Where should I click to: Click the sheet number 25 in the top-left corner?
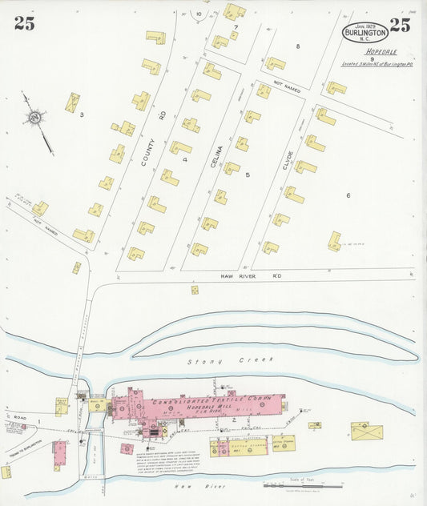[24, 23]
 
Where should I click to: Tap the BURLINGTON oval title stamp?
[365, 33]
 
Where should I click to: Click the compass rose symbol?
[34, 118]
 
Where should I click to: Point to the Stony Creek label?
[214, 362]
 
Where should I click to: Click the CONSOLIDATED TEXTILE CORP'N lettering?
[210, 398]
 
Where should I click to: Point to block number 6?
[348, 195]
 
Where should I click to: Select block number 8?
[297, 46]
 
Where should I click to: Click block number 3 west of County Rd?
[82, 114]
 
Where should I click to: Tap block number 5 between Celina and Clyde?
[248, 174]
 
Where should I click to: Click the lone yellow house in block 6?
[334, 241]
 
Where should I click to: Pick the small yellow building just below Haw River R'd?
[195, 290]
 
